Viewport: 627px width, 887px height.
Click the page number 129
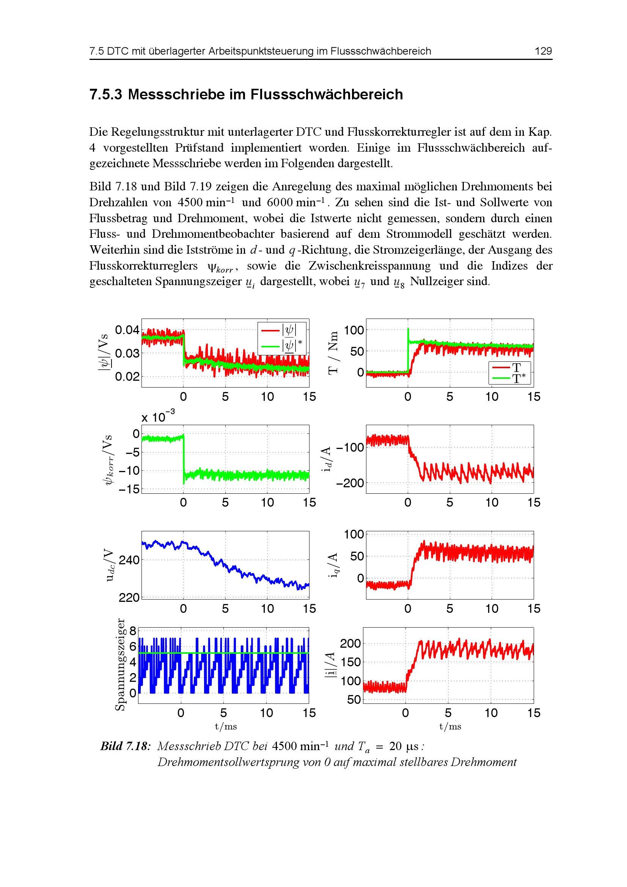click(543, 51)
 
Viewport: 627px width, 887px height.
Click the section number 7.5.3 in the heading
click(105, 94)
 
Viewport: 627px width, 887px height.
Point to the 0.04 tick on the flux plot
click(127, 330)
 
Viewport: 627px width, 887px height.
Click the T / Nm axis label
click(333, 352)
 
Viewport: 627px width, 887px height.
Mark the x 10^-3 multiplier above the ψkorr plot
click(158, 416)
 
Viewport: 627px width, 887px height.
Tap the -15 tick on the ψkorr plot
click(129, 490)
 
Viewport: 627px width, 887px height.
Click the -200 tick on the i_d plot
click(350, 483)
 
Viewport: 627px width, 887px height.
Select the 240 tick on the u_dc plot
click(129, 560)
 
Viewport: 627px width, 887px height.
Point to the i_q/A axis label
click(333, 565)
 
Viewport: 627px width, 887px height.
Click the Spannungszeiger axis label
click(121, 664)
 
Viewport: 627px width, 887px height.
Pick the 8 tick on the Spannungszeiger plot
click(133, 631)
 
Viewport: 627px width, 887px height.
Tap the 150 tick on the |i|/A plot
click(351, 662)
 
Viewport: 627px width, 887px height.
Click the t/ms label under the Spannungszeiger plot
click(226, 726)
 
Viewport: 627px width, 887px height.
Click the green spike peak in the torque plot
click(408, 329)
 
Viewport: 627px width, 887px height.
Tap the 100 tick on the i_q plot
click(354, 534)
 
